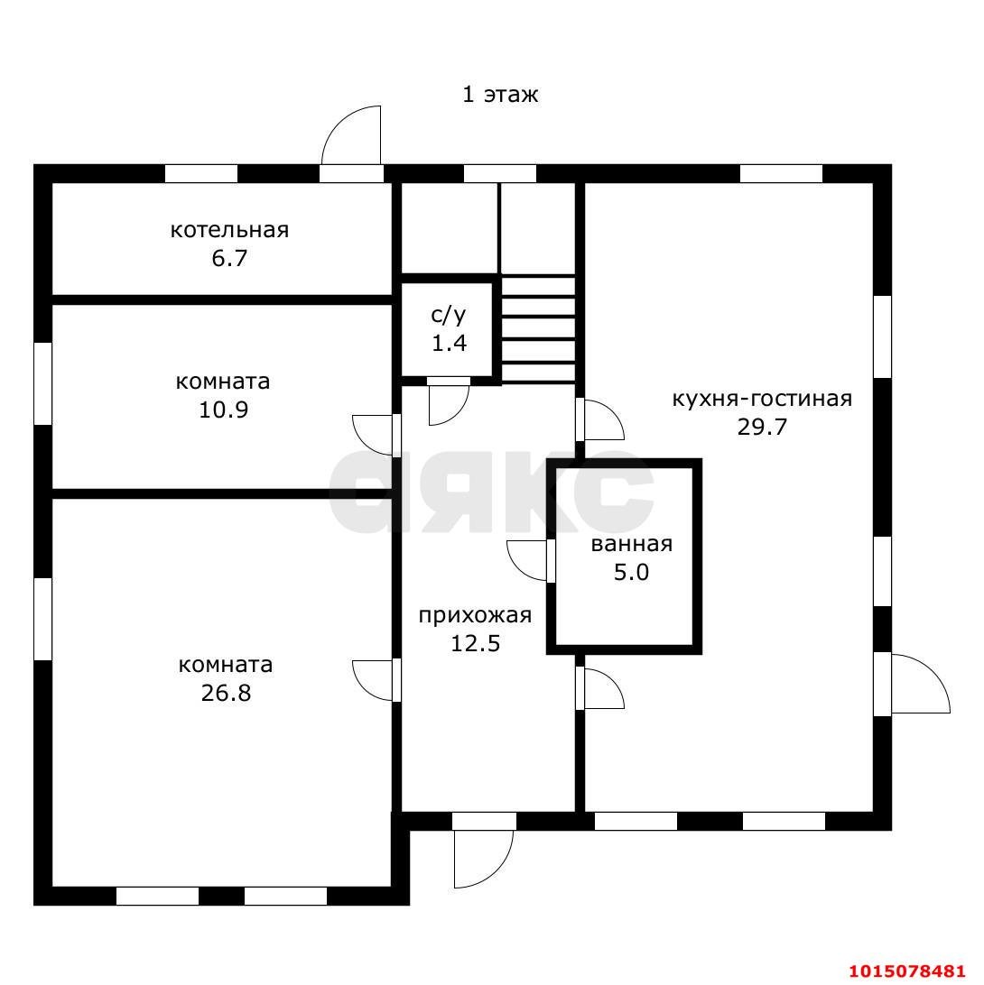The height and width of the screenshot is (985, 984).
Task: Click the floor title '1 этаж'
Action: click(x=500, y=94)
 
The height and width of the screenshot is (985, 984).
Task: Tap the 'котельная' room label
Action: click(x=229, y=230)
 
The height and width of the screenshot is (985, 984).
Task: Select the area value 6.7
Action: click(x=229, y=258)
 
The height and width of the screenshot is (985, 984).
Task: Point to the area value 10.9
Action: click(x=224, y=410)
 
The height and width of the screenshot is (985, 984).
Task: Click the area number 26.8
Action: click(x=226, y=693)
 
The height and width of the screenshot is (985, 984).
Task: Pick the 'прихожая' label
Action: click(x=476, y=615)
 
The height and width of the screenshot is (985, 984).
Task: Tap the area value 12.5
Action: click(x=476, y=643)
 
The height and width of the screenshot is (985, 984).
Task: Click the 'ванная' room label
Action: click(x=632, y=544)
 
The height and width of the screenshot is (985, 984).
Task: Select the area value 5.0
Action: click(x=632, y=572)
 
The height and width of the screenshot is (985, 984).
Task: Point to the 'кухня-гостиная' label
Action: click(x=762, y=399)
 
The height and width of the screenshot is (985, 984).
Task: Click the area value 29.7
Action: click(x=762, y=428)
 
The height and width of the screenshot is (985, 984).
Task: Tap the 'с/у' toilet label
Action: click(x=449, y=316)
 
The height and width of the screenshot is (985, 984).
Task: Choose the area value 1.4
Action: click(x=449, y=343)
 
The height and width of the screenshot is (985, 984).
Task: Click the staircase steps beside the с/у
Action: click(x=539, y=329)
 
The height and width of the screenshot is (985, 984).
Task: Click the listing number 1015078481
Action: click(x=906, y=971)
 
